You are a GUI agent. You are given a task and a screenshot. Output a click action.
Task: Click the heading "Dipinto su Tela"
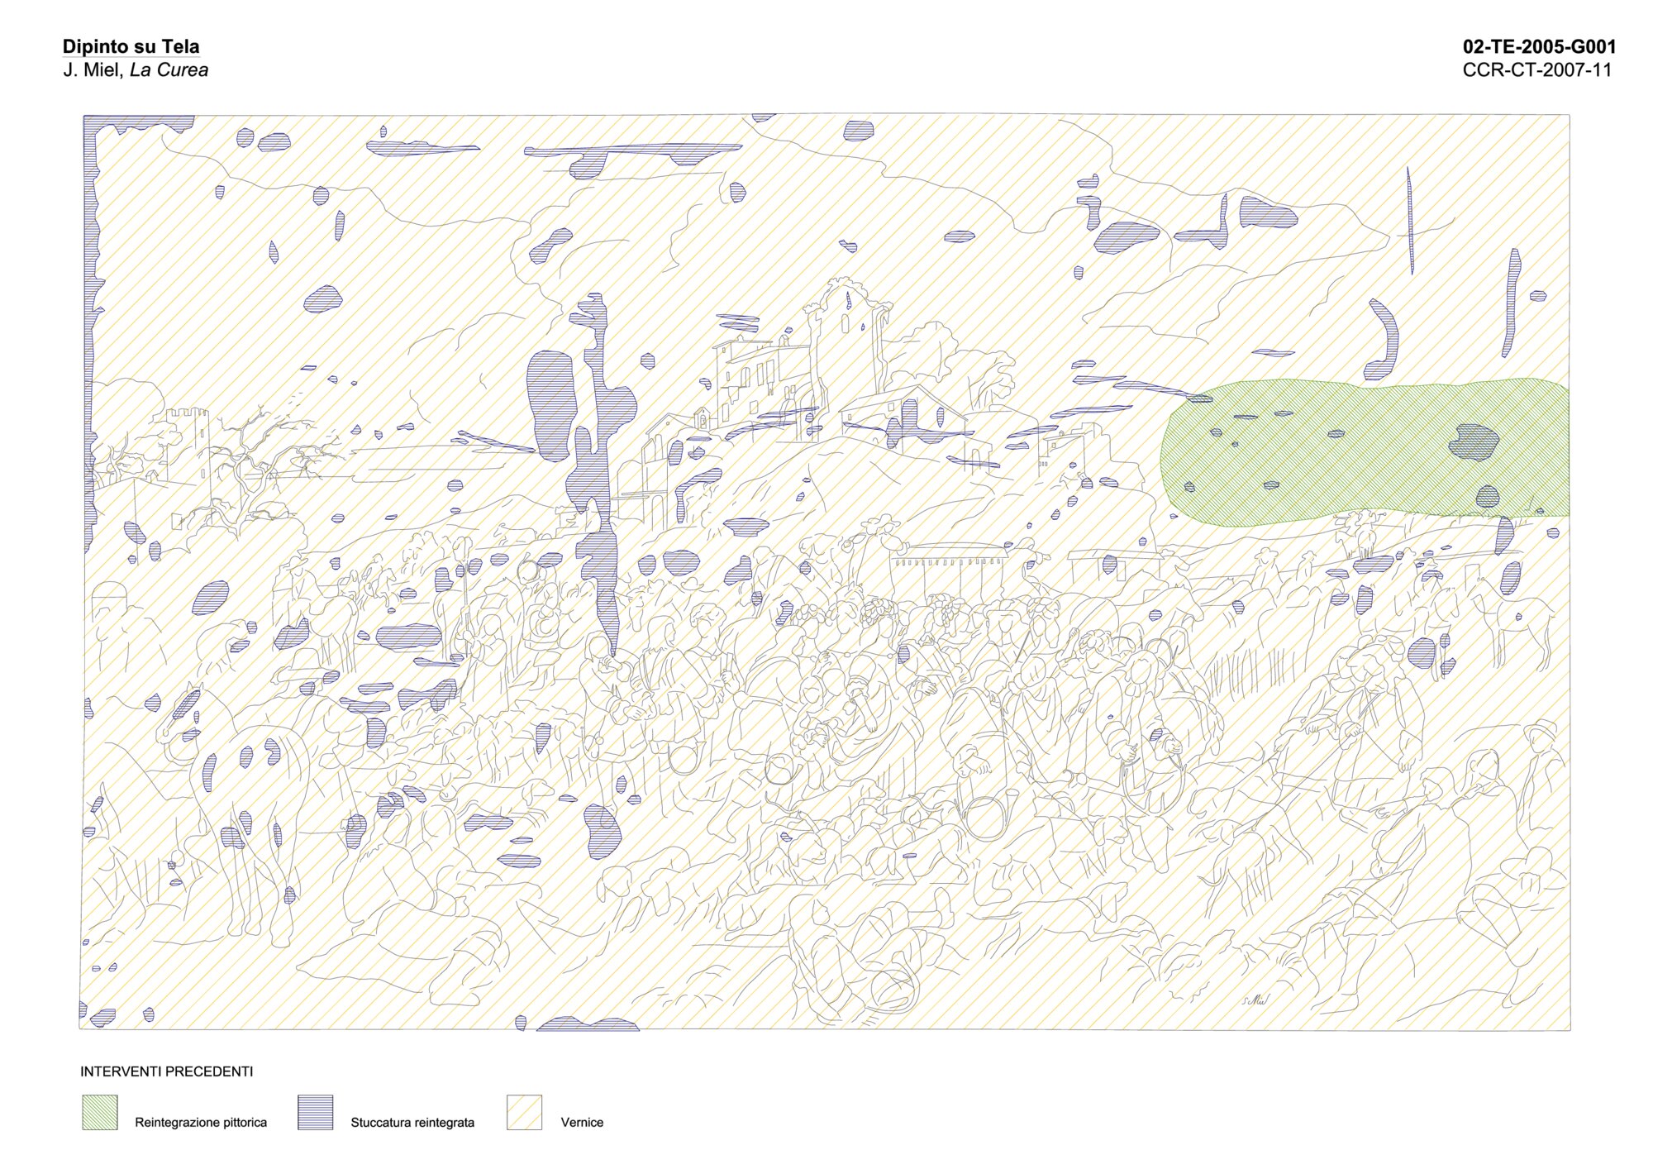coord(131,47)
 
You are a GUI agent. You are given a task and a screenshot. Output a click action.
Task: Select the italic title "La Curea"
coord(169,70)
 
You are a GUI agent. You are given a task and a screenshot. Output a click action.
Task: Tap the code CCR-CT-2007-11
coord(1536,70)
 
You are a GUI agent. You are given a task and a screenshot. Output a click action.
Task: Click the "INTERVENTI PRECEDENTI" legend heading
coord(166,1071)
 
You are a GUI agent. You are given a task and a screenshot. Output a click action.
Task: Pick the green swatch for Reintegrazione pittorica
coord(99,1112)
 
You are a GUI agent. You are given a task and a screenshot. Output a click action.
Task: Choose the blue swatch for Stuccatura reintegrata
coord(315,1112)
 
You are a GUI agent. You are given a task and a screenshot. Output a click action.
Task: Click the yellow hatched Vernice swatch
coord(524,1112)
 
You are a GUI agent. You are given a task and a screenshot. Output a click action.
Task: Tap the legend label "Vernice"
coord(582,1123)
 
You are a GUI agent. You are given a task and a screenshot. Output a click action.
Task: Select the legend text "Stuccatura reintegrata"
coord(412,1123)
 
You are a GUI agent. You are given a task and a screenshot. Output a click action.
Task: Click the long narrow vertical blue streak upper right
coord(1410,219)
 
